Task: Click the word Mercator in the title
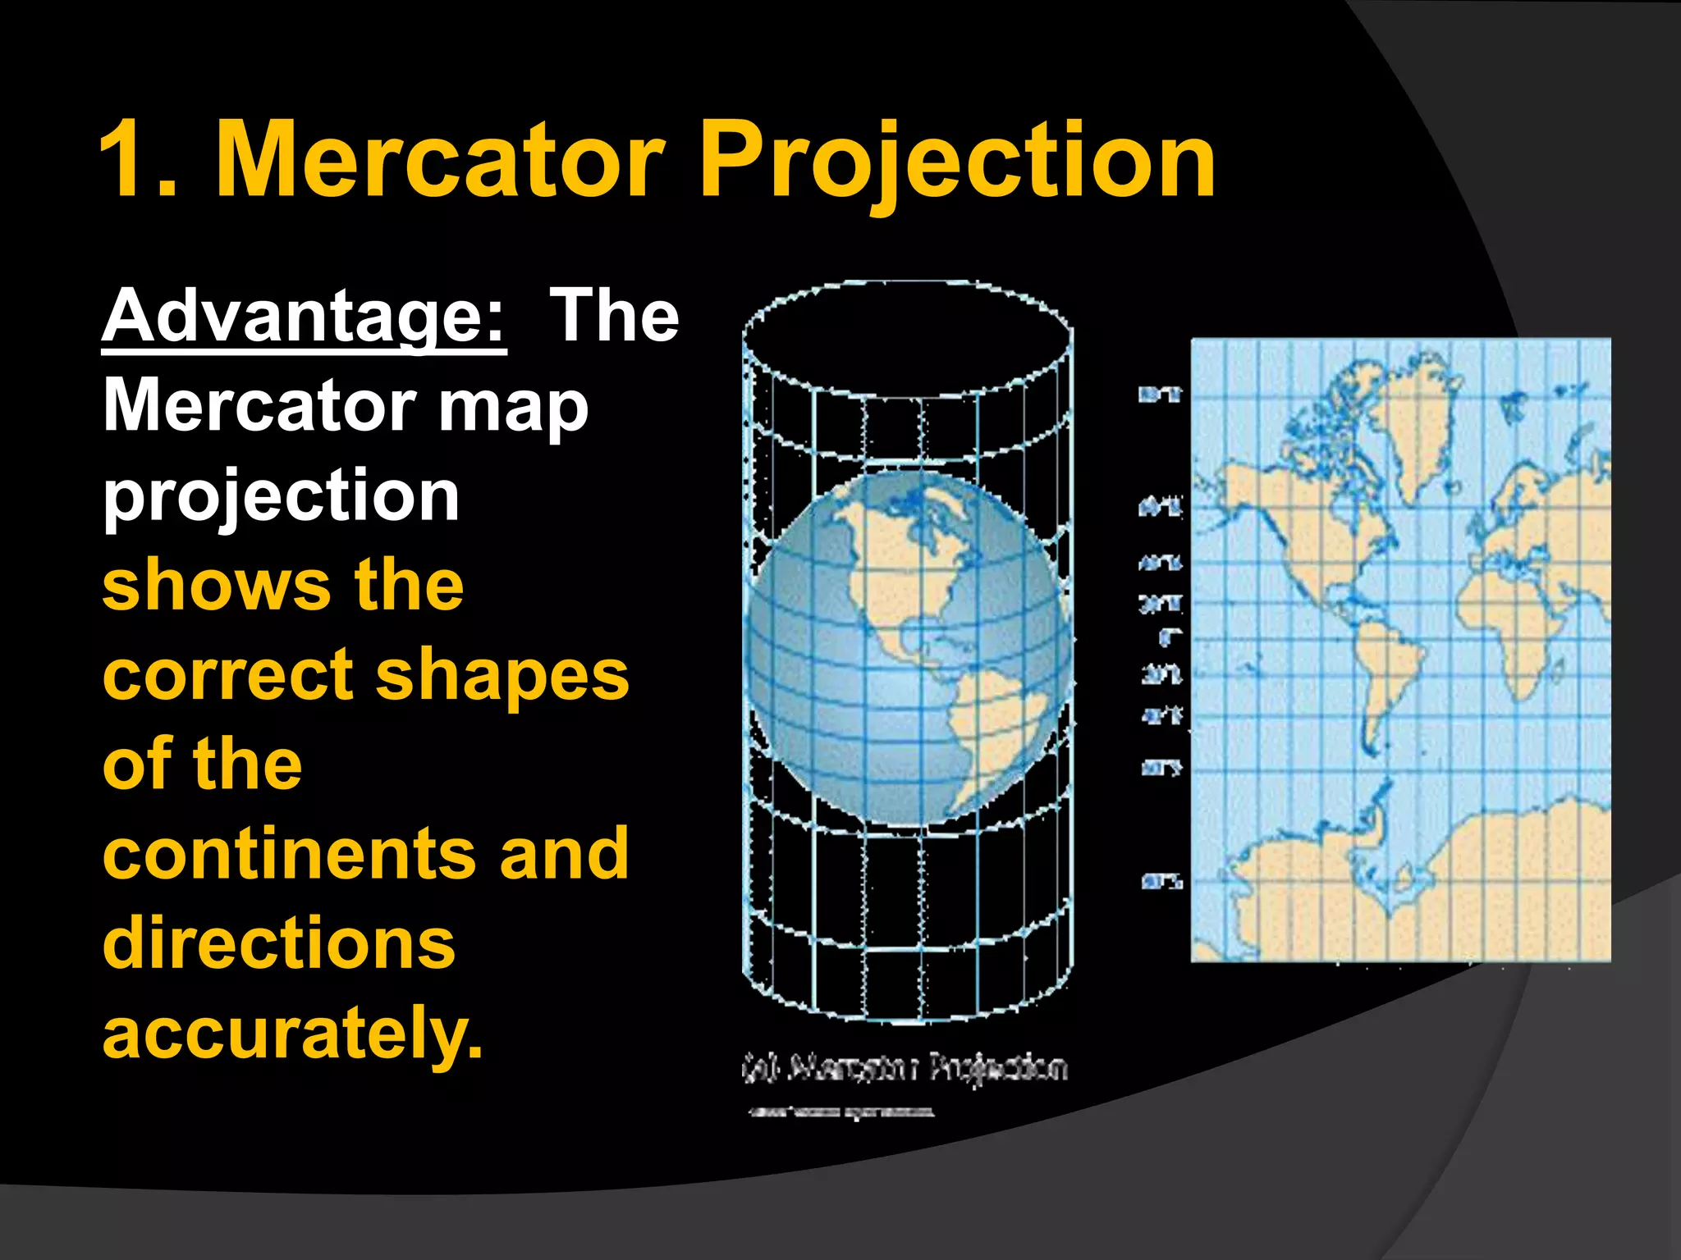(439, 160)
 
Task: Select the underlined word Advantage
(304, 318)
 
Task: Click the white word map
(513, 408)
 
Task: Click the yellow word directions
(279, 944)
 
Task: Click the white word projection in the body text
(281, 497)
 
